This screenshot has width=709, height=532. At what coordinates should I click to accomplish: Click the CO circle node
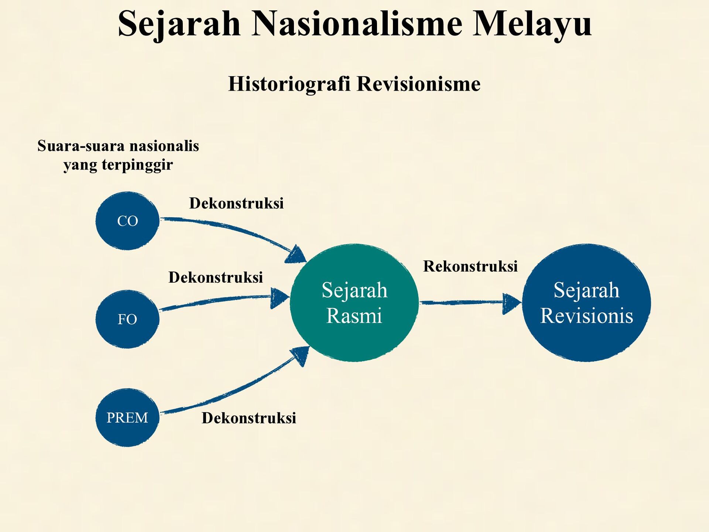click(x=127, y=221)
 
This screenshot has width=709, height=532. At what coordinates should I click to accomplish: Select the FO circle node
click(x=127, y=319)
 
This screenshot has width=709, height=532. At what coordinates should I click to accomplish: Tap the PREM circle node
click(x=127, y=417)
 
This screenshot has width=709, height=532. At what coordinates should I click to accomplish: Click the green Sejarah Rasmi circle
click(x=354, y=303)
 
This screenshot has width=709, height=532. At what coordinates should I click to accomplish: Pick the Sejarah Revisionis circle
click(x=586, y=303)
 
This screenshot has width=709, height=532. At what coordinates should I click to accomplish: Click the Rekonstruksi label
click(x=470, y=266)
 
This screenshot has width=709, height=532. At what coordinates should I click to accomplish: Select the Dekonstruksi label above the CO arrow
click(x=236, y=203)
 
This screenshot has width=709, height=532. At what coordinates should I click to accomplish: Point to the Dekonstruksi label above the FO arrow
click(x=216, y=277)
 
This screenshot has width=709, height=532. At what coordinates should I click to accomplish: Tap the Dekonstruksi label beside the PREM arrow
click(x=249, y=418)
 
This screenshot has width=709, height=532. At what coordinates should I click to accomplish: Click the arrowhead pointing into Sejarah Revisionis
click(x=511, y=304)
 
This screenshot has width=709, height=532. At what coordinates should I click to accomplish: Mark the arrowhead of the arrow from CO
click(x=296, y=254)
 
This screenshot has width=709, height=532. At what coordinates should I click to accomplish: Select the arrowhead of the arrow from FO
click(x=280, y=298)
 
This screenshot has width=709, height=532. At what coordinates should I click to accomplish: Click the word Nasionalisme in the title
click(x=357, y=23)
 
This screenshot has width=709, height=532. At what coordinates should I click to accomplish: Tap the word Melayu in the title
click(x=532, y=24)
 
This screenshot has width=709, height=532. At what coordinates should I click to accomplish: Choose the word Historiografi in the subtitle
click(x=289, y=83)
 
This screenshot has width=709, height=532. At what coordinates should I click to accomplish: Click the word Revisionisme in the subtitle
click(x=419, y=83)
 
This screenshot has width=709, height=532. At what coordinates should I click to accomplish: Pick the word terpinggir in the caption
click(x=137, y=165)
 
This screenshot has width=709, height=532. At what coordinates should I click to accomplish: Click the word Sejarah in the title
click(x=179, y=24)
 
